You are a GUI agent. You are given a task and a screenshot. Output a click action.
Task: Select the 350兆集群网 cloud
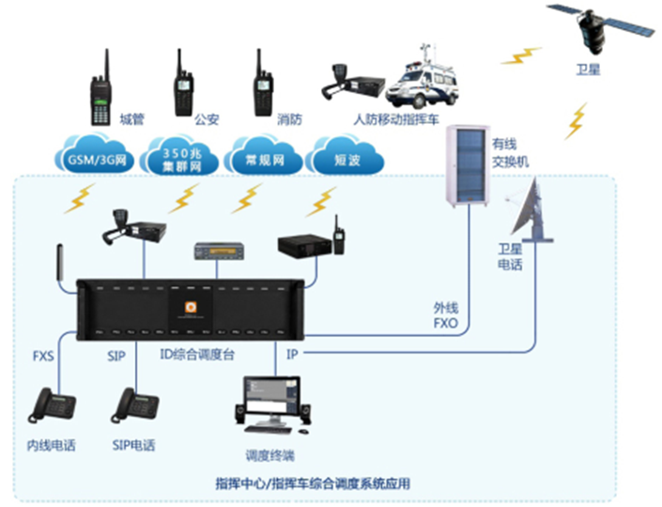tap(179, 155)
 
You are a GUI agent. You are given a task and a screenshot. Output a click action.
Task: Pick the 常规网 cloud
tap(264, 155)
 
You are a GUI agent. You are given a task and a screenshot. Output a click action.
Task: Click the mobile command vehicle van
tap(422, 80)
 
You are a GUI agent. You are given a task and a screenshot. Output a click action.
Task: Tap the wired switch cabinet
tap(469, 165)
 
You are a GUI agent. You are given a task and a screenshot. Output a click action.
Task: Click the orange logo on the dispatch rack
tap(191, 307)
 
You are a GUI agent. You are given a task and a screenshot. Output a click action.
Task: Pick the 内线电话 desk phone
tap(52, 406)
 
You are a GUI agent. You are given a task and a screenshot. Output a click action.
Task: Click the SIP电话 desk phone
tap(134, 406)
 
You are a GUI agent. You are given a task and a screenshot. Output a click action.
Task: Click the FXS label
tap(43, 356)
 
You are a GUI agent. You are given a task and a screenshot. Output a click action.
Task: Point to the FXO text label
tap(446, 323)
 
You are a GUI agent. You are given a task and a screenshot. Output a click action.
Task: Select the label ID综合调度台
tap(197, 355)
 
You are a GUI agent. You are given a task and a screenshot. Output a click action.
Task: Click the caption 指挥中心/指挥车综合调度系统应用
tap(313, 484)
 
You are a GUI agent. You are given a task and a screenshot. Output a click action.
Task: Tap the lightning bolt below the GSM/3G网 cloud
tap(80, 198)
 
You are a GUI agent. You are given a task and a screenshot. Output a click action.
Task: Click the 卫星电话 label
tap(510, 256)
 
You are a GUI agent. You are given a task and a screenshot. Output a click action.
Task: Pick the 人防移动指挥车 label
tap(396, 119)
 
